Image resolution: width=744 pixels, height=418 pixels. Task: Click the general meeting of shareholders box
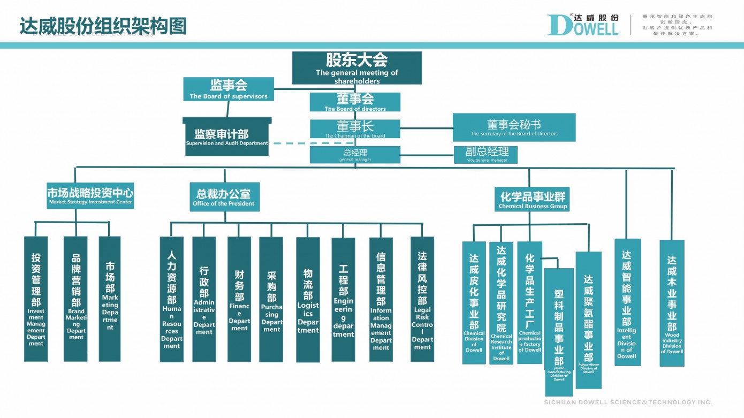pyautogui.click(x=356, y=67)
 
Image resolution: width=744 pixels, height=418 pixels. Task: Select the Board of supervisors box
pyautogui.click(x=229, y=89)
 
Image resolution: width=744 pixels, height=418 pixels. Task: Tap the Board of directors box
pyautogui.click(x=355, y=102)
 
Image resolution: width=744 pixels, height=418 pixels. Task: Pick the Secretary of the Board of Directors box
pyautogui.click(x=514, y=127)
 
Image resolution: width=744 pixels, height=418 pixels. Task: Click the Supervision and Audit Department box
pyautogui.click(x=227, y=137)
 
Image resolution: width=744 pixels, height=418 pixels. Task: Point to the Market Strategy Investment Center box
pyautogui.click(x=90, y=196)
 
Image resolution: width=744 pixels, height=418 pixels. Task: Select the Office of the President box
pyautogui.click(x=224, y=197)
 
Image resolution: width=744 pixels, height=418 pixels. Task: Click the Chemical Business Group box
pyautogui.click(x=533, y=199)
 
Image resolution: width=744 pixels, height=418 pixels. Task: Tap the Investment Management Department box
pyautogui.click(x=36, y=299)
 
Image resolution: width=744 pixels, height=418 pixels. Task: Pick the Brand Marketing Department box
pyautogui.click(x=75, y=299)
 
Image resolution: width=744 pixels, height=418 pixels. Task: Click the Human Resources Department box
pyautogui.click(x=172, y=299)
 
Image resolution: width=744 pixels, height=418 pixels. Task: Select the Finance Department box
pyautogui.click(x=239, y=299)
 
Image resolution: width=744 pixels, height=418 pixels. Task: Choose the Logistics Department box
pyautogui.click(x=308, y=299)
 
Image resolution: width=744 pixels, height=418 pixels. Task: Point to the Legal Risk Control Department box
pyautogui.click(x=422, y=299)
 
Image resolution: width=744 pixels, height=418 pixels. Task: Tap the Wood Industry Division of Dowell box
pyautogui.click(x=672, y=303)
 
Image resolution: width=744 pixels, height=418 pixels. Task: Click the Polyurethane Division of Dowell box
pyautogui.click(x=588, y=320)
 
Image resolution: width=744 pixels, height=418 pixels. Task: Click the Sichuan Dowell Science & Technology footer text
pyautogui.click(x=628, y=402)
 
